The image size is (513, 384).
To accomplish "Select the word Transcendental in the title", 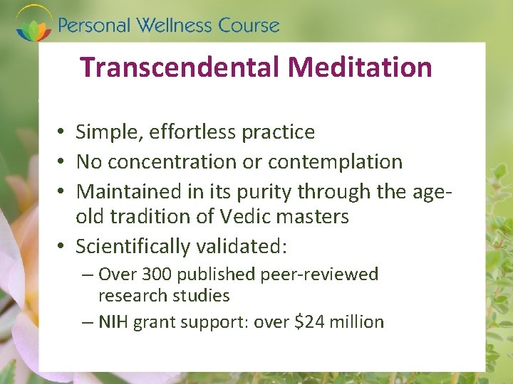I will (182, 68).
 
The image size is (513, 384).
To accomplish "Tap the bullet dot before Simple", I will (63, 132).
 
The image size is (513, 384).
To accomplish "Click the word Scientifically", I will (135, 246).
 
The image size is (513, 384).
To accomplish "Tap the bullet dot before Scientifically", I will (63, 246).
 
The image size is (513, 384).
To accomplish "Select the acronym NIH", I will (113, 322).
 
